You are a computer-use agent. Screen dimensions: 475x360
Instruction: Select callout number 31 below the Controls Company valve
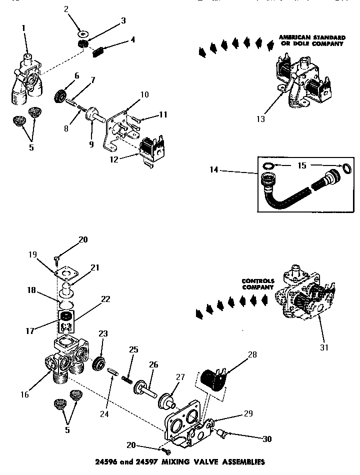(324, 347)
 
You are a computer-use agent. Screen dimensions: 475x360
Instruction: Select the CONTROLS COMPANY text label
(258, 284)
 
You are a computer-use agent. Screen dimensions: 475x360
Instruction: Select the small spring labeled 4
(98, 52)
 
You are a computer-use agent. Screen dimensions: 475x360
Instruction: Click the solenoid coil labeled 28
(214, 377)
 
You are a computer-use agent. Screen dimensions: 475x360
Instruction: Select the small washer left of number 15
(268, 165)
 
